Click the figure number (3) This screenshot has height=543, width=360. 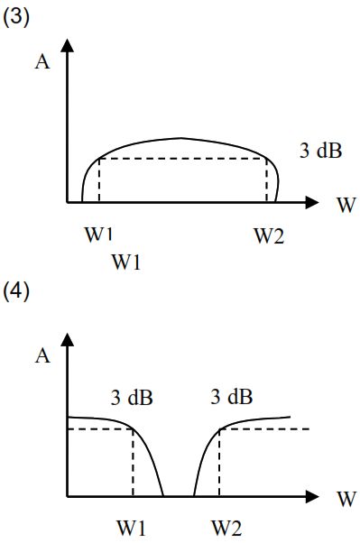[x=16, y=17]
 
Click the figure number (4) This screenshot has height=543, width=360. [x=16, y=291]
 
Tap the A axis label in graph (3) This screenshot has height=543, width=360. [x=42, y=62]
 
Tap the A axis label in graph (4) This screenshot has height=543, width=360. [x=42, y=355]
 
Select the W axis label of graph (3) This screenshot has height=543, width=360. [x=346, y=206]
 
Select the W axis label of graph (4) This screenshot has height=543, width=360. [x=346, y=499]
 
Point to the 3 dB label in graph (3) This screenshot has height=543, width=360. [x=320, y=151]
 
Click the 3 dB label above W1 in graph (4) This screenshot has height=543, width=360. [x=132, y=397]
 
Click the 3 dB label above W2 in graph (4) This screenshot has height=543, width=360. [x=232, y=396]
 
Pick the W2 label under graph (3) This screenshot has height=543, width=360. [x=269, y=236]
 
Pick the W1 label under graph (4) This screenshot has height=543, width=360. [x=132, y=529]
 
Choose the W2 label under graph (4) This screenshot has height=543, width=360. [x=226, y=529]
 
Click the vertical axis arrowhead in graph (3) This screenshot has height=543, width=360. [x=68, y=45]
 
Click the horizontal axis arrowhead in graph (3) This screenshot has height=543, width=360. [x=312, y=202]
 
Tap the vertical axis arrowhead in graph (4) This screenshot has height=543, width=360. [x=68, y=339]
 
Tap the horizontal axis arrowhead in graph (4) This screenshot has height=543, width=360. [x=312, y=497]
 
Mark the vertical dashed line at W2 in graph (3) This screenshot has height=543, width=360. [x=266, y=180]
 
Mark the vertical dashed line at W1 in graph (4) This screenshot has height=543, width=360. [x=133, y=463]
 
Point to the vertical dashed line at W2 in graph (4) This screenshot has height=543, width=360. [x=219, y=463]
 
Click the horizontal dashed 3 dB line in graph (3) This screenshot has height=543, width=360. [x=182, y=159]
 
